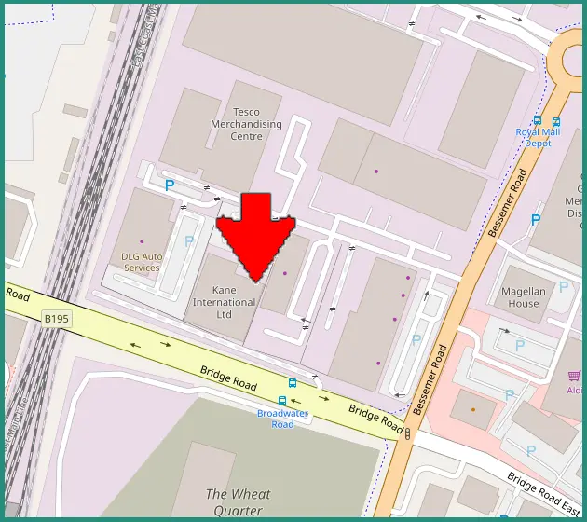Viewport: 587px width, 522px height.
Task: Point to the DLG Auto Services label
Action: pos(143,262)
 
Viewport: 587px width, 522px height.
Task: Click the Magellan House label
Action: pos(523,296)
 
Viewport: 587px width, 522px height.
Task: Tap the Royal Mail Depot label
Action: pos(539,138)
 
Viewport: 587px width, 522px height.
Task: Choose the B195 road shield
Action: pos(57,319)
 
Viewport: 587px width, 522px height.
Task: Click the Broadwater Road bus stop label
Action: pos(282,419)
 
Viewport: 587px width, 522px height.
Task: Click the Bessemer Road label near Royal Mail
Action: pos(507,203)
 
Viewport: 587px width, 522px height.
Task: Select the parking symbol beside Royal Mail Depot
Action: pos(535,220)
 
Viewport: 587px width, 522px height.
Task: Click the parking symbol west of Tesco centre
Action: pos(170,185)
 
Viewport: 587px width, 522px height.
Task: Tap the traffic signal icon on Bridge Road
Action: pos(408,432)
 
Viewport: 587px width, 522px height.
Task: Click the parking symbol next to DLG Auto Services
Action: pos(189,240)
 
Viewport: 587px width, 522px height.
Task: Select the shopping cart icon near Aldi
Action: pos(574,376)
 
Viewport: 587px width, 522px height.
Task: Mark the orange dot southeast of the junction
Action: pos(472,410)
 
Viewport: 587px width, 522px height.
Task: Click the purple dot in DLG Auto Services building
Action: pos(142,241)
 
